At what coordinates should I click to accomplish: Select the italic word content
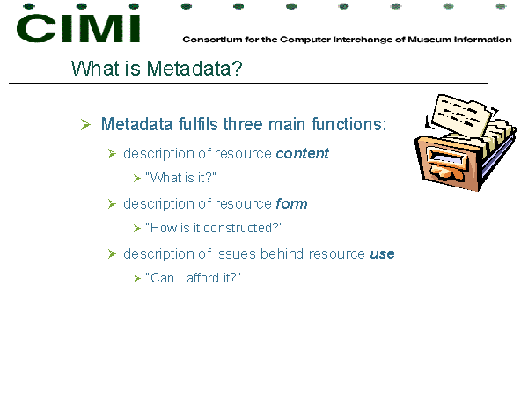[x=302, y=153]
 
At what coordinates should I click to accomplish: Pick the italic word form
[x=291, y=204]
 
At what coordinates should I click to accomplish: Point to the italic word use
[x=382, y=254]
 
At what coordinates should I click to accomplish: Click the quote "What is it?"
[x=180, y=178]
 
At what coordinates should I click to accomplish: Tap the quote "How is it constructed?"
[x=214, y=228]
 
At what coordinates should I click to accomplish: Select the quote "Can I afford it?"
[x=194, y=278]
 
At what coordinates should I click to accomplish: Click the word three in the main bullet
[x=243, y=124]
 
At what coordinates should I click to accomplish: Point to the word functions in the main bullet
[x=347, y=124]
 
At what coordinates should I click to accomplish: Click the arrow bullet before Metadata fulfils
[x=85, y=124]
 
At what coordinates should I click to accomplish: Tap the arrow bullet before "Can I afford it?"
[x=136, y=278]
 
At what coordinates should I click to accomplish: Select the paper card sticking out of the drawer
[x=461, y=114]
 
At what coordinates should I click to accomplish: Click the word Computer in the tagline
[x=305, y=40]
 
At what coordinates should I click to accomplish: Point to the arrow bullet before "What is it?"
[x=136, y=178]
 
